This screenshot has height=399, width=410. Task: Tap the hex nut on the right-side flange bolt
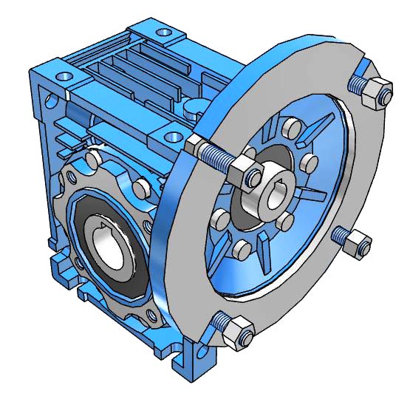356,243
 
